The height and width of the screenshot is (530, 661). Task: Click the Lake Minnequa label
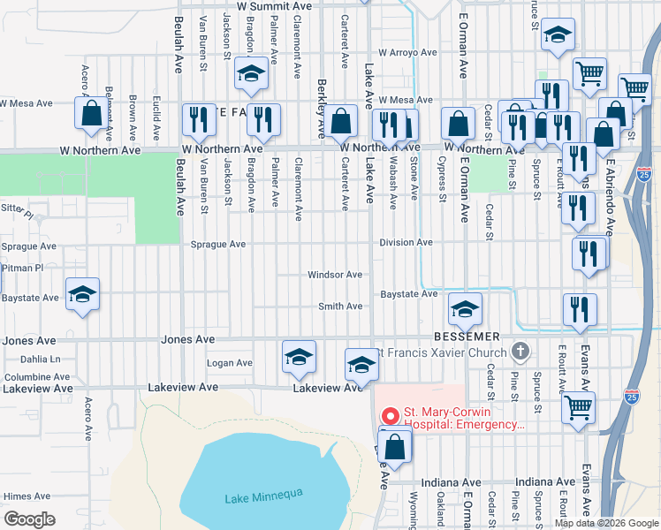[x=263, y=496]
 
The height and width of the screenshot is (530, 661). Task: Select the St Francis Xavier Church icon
[x=521, y=352]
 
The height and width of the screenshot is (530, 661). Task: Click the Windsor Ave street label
[x=335, y=275]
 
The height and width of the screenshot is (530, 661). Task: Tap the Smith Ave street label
[x=340, y=307]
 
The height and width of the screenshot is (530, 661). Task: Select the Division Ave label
[x=406, y=242]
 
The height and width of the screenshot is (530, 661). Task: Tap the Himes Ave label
[x=27, y=496]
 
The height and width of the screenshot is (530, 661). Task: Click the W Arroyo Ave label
[x=408, y=52]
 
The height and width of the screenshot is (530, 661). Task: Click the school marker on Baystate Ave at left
[x=83, y=295]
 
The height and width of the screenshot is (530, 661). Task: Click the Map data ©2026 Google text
[x=606, y=523]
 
